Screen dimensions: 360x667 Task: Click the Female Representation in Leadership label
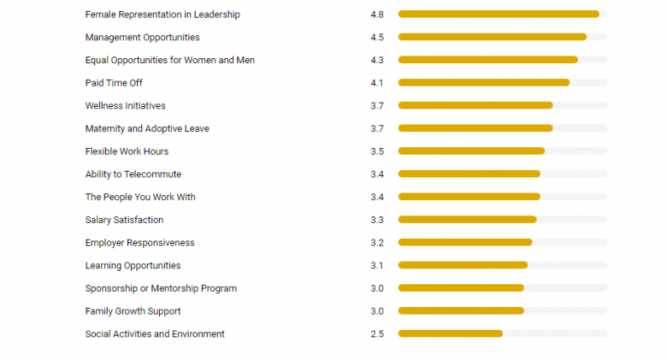[162, 15]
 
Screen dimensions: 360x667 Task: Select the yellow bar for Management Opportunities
[492, 37]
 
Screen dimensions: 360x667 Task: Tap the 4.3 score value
[377, 60]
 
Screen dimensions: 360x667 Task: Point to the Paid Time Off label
[114, 83]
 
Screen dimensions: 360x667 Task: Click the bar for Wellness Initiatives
[475, 105]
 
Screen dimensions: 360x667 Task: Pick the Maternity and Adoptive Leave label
[147, 128]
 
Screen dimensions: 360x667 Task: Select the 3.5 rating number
[377, 151]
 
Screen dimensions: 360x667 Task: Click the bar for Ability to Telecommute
[469, 174]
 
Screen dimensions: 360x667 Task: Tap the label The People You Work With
[140, 197]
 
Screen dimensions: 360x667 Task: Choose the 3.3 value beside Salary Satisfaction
[377, 220]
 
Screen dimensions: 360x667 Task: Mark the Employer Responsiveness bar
[464, 242]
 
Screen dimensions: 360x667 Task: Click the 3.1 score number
[377, 265]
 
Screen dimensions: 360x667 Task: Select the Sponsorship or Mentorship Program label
[161, 288]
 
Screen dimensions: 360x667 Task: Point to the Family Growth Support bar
[460, 310]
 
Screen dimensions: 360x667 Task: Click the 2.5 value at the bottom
[377, 333]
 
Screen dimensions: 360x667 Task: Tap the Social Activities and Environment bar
[450, 333]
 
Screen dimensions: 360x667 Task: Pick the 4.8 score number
[377, 15]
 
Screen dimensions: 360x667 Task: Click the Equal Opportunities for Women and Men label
[170, 60]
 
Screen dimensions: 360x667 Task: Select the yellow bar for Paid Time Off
[483, 83]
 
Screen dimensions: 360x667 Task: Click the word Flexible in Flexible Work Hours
[102, 151]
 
